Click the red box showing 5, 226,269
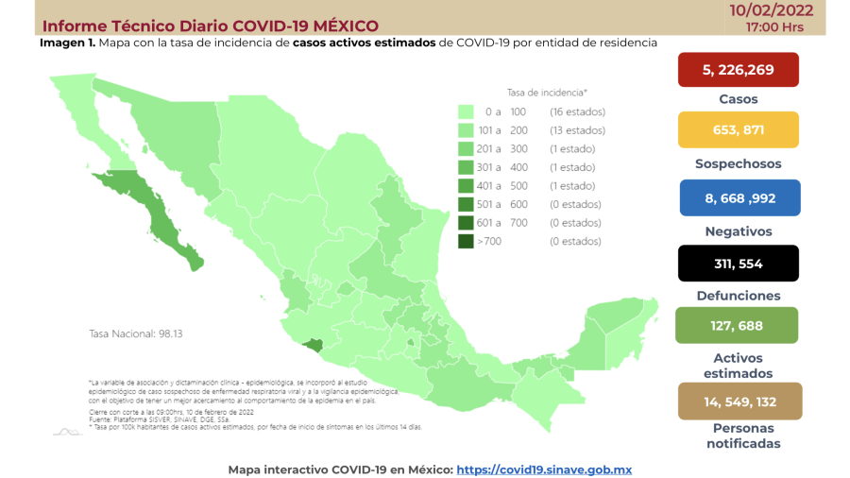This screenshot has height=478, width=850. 738,69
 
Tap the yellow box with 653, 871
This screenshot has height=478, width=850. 738,130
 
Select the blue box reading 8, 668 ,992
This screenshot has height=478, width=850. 738,198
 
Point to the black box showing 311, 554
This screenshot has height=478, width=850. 738,264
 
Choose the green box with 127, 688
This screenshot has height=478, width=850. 738,326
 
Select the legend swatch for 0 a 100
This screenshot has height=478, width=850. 466,111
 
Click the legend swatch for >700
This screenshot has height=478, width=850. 466,241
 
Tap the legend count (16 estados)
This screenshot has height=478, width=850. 577,111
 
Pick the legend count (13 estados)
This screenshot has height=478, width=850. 577,130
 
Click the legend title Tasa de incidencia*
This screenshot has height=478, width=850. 547,93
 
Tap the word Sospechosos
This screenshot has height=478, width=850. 738,163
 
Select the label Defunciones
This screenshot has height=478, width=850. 738,296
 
